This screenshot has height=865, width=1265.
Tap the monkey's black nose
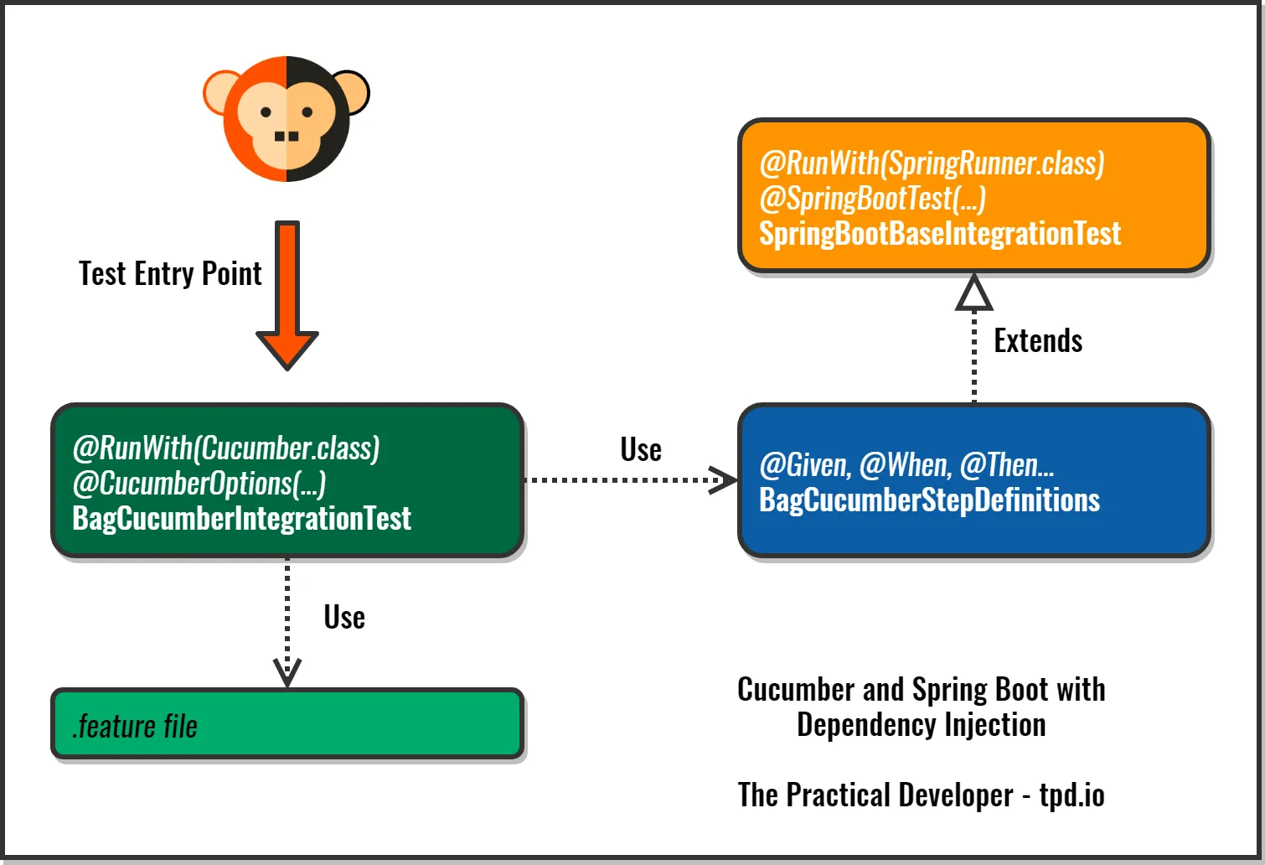[287, 137]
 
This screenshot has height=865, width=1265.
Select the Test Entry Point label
[170, 274]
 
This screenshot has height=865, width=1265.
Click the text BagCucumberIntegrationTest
[241, 519]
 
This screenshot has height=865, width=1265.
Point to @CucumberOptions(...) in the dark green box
[199, 484]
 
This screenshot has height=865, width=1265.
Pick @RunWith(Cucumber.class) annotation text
[226, 448]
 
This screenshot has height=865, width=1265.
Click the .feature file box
[287, 725]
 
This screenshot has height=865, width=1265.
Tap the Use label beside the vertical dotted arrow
[344, 618]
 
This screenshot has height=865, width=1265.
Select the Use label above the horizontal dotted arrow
[641, 450]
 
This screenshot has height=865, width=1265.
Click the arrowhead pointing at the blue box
[723, 480]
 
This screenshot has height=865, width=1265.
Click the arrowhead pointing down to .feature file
[287, 671]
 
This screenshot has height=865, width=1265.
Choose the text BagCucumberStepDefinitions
[929, 500]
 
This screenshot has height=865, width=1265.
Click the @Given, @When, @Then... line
[906, 465]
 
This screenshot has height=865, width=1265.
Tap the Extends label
[1038, 341]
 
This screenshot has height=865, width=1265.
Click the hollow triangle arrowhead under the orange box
[974, 295]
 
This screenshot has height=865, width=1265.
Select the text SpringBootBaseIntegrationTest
[939, 234]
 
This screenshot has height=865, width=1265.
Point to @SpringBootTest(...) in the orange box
[872, 199]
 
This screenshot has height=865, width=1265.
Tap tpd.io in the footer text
[1071, 795]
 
